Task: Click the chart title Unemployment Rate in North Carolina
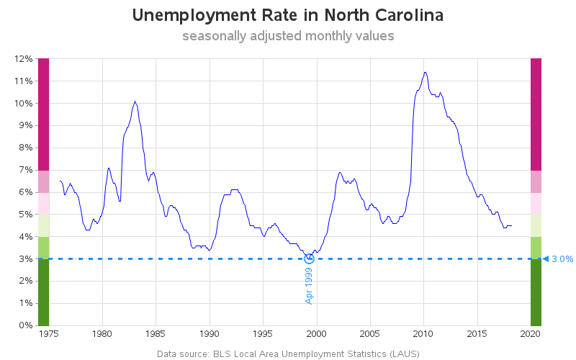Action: pos(288,15)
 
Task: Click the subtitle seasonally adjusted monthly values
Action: pos(288,36)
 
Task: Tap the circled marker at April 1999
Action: pos(310,258)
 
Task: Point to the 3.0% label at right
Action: pos(562,259)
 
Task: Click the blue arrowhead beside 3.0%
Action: pos(546,258)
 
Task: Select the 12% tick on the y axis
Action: pos(23,59)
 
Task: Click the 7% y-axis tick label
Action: pos(25,170)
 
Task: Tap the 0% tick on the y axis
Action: pos(25,325)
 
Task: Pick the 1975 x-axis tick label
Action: pos(49,334)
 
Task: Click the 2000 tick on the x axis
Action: pos(316,334)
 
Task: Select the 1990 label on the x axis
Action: pos(210,334)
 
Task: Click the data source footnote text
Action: pos(288,354)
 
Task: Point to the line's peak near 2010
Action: pos(425,72)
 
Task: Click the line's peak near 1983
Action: pos(135,102)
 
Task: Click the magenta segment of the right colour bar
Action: pos(536,114)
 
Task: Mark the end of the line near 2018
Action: pos(512,225)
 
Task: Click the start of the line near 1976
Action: pos(60,181)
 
